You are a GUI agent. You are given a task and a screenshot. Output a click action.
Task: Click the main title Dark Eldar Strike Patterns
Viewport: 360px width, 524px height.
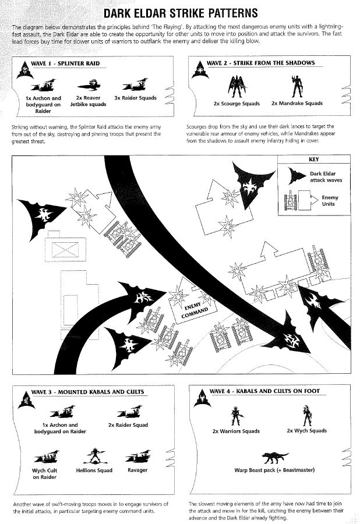point(180,13)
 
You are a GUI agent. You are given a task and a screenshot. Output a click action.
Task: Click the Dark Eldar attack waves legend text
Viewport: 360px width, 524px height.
point(326,177)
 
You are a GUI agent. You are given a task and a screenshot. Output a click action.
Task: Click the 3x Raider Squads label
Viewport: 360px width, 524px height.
point(135,98)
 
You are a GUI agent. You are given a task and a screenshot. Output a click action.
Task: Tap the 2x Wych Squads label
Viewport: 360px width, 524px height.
point(306,431)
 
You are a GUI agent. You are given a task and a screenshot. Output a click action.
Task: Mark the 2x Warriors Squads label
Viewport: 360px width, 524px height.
point(236,431)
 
